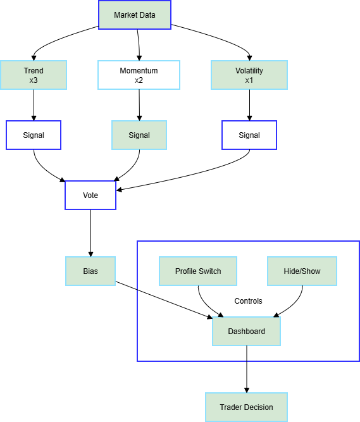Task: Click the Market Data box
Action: pos(134,15)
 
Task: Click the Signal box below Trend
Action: pos(34,135)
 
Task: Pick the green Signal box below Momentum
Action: pos(139,135)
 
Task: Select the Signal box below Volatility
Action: pos(249,135)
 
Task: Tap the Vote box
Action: pos(90,195)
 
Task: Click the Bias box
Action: pos(90,271)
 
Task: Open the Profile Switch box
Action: pos(198,271)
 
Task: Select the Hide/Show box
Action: pos(302,271)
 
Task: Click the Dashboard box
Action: pos(246,331)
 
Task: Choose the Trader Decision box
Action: pos(246,407)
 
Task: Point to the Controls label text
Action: pos(248,301)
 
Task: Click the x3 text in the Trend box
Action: pos(34,80)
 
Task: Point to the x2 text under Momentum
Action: pos(139,80)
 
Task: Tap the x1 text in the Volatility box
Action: pos(249,80)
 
